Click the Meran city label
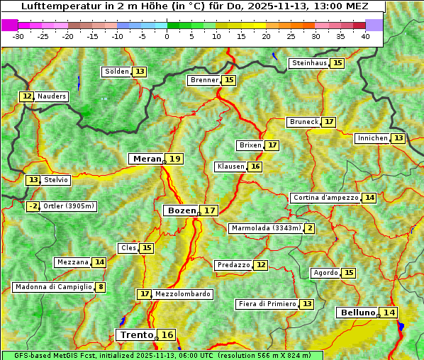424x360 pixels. pyautogui.click(x=147, y=159)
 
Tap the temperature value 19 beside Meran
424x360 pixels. pyautogui.click(x=174, y=159)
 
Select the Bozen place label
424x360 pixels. pyautogui.click(x=181, y=210)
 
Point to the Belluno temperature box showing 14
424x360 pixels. pyautogui.click(x=389, y=313)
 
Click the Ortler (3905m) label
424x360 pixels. pyautogui.click(x=69, y=206)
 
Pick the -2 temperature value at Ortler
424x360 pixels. pyautogui.click(x=33, y=206)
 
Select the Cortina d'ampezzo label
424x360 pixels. pyautogui.click(x=325, y=198)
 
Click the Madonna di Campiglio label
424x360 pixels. pyautogui.click(x=53, y=287)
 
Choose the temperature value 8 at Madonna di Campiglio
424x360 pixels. pyautogui.click(x=101, y=287)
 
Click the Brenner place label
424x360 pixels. pyautogui.click(x=205, y=80)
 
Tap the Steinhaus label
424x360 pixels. pyautogui.click(x=310, y=63)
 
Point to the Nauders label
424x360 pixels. pyautogui.click(x=52, y=96)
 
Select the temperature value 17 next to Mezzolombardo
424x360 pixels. pyautogui.click(x=145, y=293)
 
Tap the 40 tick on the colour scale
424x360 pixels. pyautogui.click(x=365, y=36)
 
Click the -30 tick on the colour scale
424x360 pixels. pyautogui.click(x=18, y=36)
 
